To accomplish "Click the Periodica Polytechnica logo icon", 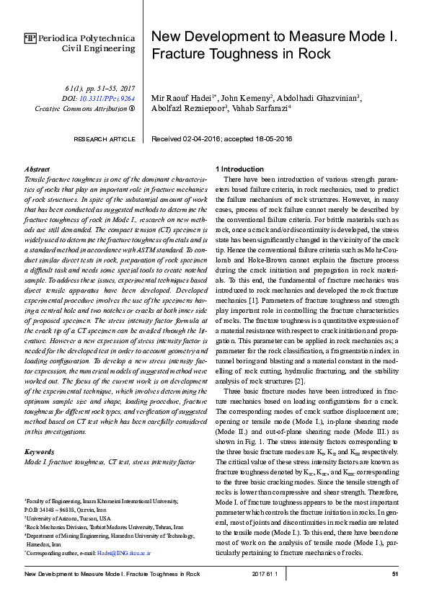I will coord(30,38).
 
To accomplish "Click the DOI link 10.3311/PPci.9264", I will coord(107,98).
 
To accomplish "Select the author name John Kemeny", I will coord(244,98).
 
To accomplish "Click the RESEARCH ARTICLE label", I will coord(105,139).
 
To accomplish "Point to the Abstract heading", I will coord(37,168).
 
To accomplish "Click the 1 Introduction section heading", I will coord(242,168).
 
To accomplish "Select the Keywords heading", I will coord(40,451).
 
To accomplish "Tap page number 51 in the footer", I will coord(395,573).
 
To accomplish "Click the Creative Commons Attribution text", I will coord(81,108).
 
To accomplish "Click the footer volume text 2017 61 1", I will coord(265,573).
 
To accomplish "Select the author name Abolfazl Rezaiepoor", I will coord(187,109).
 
